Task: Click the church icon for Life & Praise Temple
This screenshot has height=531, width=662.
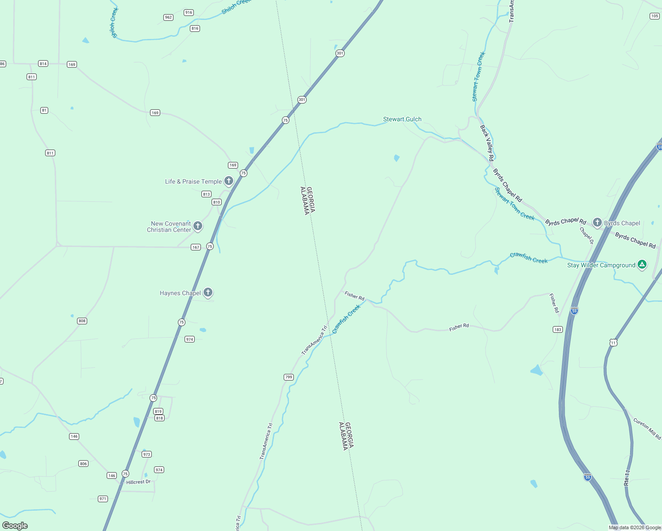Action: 229,181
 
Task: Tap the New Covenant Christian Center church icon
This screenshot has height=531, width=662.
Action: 198,226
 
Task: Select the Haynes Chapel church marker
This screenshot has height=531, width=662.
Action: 208,292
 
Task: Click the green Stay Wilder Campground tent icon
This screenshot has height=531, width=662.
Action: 642,265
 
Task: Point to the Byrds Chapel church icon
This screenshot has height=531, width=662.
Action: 597,222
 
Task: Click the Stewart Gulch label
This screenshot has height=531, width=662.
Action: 402,119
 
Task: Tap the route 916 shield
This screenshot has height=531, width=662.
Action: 189,12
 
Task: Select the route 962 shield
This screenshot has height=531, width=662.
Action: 168,17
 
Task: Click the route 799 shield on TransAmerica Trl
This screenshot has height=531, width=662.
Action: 289,377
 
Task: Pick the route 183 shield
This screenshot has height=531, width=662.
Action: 558,329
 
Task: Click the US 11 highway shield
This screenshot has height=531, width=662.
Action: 613,342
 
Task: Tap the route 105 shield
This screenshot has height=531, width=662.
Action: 654,16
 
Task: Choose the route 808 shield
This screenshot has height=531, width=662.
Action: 82,321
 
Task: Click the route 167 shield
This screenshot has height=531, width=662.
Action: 196,247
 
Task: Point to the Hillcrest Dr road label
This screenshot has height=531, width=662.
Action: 139,482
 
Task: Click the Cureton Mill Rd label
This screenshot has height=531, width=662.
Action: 647,428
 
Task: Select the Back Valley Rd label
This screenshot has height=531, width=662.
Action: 487,142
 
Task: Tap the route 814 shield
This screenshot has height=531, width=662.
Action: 43,64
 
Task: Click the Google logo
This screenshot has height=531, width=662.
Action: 15,526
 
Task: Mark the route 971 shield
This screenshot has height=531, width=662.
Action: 103,499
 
